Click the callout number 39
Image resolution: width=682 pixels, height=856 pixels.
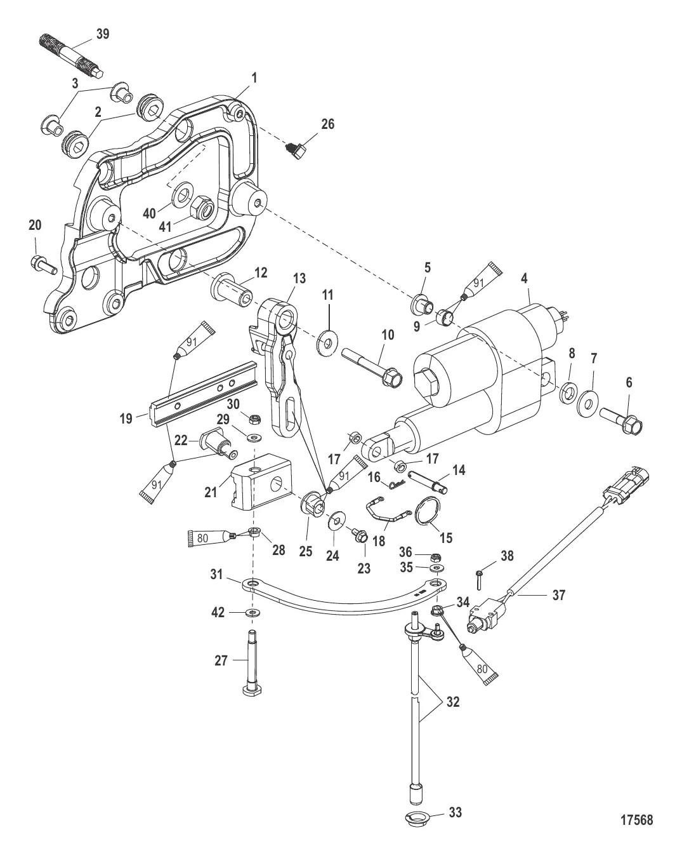coord(103,34)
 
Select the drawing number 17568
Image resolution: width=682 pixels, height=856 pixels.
coord(637,820)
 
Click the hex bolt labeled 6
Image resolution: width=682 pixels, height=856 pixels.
coord(621,421)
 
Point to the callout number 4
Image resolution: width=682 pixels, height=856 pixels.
coord(524,278)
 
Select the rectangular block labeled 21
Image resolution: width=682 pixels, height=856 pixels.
coord(261,485)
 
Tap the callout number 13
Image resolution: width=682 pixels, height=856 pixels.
coord(299,278)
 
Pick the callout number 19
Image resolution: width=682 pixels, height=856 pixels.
coord(126,419)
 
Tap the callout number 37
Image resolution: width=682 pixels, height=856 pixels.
coord(559,595)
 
